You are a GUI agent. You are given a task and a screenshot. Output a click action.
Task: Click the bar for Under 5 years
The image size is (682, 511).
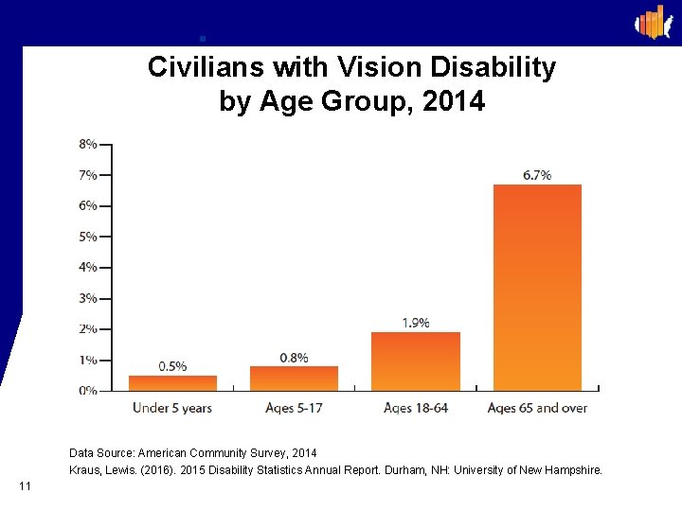pos(172,382)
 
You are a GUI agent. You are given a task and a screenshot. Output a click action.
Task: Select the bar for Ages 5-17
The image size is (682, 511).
pos(294,378)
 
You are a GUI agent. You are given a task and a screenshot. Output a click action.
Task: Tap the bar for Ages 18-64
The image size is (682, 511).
pos(415,361)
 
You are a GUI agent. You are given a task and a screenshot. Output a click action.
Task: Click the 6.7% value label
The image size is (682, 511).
pos(537,175)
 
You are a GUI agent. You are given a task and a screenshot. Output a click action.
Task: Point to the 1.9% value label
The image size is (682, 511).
pos(415,323)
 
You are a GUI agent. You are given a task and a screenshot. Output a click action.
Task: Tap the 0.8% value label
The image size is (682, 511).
pos(294,357)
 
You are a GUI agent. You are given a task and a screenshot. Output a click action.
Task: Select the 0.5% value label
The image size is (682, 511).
pos(172,366)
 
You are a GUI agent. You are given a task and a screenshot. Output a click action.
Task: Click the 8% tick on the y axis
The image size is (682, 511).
pos(87,144)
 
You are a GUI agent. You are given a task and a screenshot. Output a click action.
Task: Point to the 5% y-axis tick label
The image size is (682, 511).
pos(87,237)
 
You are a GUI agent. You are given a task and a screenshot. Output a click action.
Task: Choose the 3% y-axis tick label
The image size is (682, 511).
pos(87,298)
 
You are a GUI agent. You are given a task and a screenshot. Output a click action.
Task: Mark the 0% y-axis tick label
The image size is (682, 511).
pos(87,390)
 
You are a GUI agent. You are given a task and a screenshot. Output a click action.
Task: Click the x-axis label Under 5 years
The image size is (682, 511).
pos(172,408)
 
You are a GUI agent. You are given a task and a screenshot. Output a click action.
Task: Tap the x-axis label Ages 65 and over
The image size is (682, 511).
pos(537,408)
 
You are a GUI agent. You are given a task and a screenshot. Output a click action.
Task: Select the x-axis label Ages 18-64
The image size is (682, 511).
pos(415,408)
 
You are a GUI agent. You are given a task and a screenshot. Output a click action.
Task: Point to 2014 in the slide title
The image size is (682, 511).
pos(454,100)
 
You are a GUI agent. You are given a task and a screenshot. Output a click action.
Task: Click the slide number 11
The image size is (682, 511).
pos(25,486)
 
